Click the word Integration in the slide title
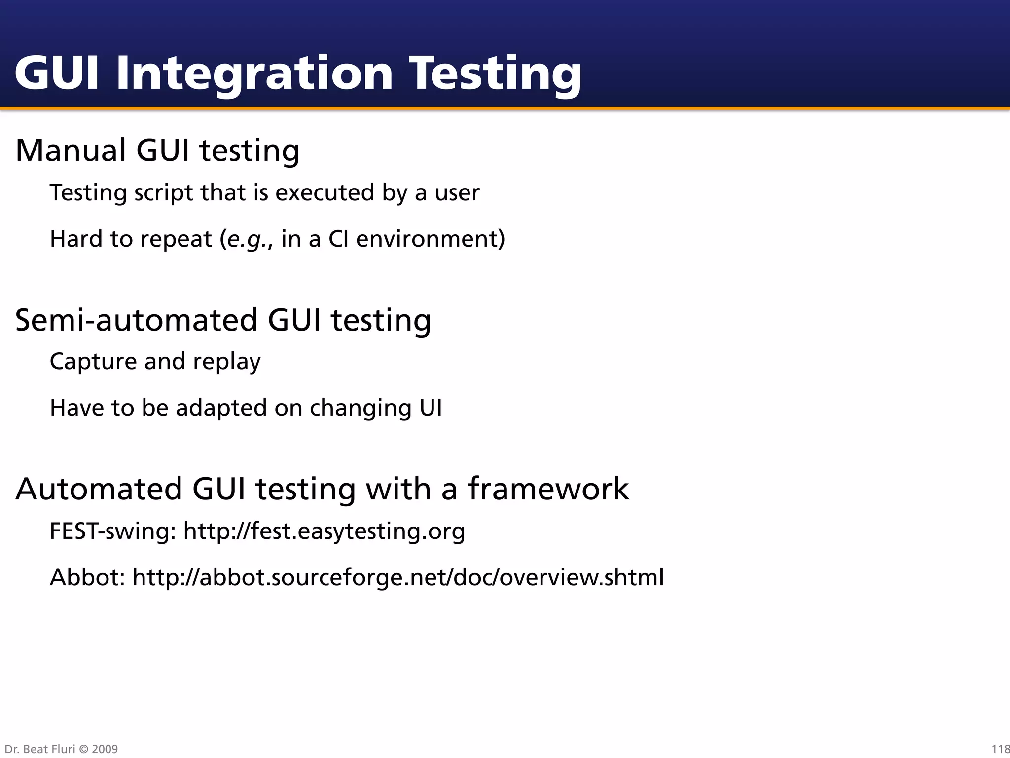point(254,74)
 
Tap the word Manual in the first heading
point(71,150)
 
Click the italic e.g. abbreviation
point(247,239)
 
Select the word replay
point(226,362)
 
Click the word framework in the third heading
point(548,489)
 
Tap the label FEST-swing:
point(113,531)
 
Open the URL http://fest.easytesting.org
point(324,531)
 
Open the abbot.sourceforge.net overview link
point(398,577)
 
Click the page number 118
point(1000,749)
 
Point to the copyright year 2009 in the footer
point(105,749)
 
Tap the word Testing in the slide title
point(495,74)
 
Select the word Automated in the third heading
point(99,489)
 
